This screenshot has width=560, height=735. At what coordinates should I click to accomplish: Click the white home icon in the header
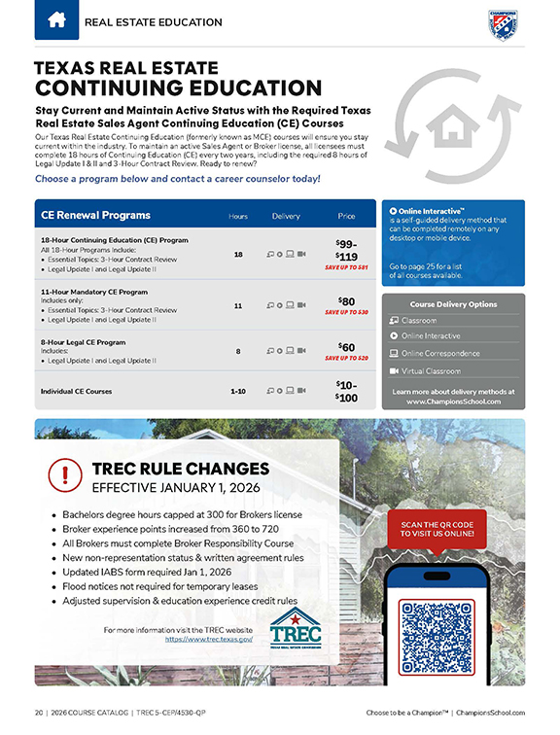click(x=56, y=19)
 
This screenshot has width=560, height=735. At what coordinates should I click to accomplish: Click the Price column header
click(x=346, y=215)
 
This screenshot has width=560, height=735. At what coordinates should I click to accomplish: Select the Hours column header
click(x=238, y=215)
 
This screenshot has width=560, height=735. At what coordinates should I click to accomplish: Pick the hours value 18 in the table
click(x=238, y=254)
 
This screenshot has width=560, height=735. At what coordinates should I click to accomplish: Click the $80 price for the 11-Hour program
click(x=346, y=301)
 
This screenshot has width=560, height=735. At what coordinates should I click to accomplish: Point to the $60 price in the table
click(x=346, y=346)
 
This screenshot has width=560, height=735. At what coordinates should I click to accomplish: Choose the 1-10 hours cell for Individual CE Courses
click(x=238, y=391)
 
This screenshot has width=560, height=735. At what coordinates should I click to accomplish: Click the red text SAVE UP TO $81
click(x=346, y=266)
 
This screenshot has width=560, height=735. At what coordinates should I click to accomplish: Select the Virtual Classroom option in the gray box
click(x=431, y=370)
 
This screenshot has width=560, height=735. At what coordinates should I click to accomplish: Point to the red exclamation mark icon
click(x=65, y=475)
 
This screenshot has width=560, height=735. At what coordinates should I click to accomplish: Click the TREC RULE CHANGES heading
click(x=180, y=469)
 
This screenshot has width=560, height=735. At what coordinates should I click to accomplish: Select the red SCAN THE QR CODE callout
click(x=436, y=528)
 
